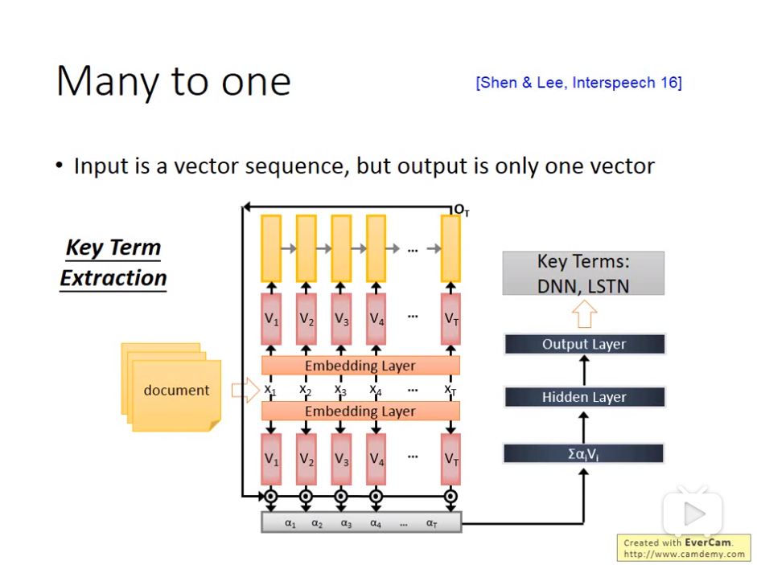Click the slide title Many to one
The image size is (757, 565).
point(173,82)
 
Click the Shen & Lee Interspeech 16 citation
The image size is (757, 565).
point(578,83)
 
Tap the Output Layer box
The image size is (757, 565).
point(584,344)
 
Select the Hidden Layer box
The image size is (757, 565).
point(584,397)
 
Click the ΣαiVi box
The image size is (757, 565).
point(584,453)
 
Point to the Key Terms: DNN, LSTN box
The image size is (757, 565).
point(583,273)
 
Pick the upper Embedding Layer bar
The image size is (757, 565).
point(360,366)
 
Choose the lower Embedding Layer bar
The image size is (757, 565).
point(360,411)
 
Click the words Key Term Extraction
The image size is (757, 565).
point(113,263)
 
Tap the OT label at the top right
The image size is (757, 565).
point(461,210)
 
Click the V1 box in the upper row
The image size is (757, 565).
point(271,319)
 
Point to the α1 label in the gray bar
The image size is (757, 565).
point(290,523)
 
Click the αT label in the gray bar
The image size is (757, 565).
point(432,523)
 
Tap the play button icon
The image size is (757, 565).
point(693,513)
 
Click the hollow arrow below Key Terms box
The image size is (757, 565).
point(584,314)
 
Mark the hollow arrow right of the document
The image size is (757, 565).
point(242,390)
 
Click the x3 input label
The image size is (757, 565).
point(340,390)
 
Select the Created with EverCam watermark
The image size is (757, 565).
point(683,548)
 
